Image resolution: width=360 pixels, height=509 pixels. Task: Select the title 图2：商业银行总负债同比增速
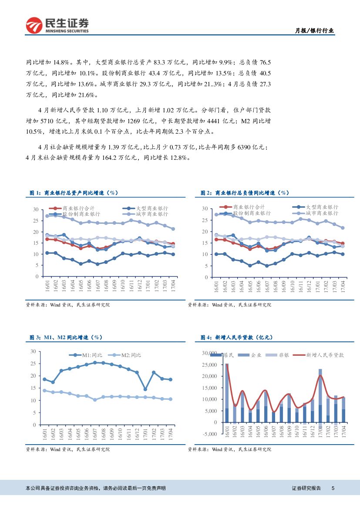(x=245, y=192)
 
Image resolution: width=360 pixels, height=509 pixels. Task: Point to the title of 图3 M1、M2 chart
(x=66, y=337)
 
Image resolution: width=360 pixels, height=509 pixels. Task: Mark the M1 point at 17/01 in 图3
(x=145, y=389)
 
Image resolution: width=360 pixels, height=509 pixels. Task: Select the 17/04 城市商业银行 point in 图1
(x=173, y=229)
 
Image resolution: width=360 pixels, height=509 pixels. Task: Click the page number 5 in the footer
(x=333, y=489)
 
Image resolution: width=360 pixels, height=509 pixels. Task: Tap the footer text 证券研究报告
(x=306, y=489)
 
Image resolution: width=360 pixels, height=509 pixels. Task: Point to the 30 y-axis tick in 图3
(x=34, y=351)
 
